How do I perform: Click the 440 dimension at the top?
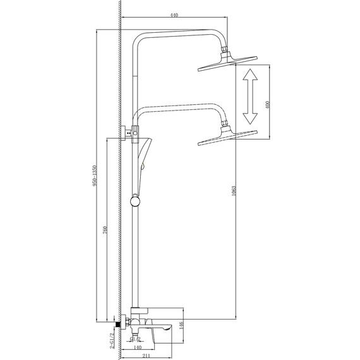172,14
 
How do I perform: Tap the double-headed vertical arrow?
251,97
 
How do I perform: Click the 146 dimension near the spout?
181,325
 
